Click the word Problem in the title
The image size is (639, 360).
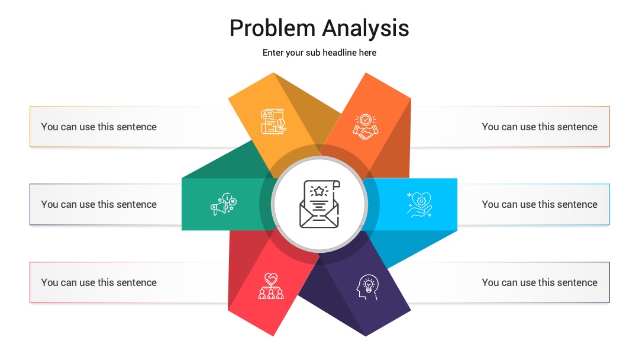point(272,28)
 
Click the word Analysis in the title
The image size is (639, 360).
point(366,28)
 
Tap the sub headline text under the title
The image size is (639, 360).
point(319,53)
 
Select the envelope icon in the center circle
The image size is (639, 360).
point(319,204)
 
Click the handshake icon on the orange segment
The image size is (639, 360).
point(366,127)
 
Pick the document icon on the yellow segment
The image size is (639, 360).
point(273,121)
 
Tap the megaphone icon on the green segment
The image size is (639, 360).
point(223,204)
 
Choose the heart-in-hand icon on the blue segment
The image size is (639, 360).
point(419,204)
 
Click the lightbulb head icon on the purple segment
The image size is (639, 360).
point(367,287)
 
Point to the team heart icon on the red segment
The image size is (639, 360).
point(271,286)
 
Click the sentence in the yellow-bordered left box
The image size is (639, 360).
point(99,127)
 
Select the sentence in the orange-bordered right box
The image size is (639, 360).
point(540,127)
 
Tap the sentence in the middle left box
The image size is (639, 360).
point(99,204)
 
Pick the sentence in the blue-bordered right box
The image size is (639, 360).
point(540,204)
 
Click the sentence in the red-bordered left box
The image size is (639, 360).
point(99,282)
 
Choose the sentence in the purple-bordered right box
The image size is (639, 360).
point(540,282)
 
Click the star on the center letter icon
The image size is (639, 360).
point(319,191)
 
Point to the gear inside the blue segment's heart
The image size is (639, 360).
point(421,201)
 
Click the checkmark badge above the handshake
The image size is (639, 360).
point(366,120)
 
